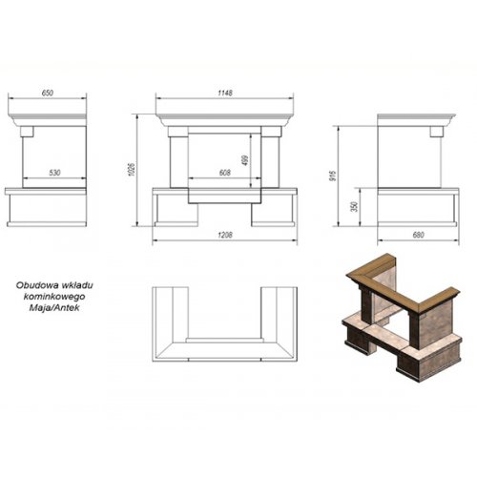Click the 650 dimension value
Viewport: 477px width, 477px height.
(48, 93)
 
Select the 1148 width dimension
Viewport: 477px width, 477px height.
(225, 93)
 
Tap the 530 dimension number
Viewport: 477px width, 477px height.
(54, 173)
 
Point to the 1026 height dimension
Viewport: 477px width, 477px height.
(133, 170)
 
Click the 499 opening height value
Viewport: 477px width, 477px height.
(245, 160)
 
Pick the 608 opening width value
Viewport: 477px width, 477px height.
(225, 173)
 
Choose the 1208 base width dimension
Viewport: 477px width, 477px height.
(225, 235)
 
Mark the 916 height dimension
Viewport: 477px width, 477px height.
(333, 176)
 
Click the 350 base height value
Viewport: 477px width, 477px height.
(355, 206)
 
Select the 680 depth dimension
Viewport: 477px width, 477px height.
(418, 235)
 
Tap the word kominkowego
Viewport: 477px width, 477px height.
(54, 297)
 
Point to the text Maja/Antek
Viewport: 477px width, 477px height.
(54, 308)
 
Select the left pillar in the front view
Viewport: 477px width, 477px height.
(179, 162)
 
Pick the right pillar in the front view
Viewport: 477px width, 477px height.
(270, 162)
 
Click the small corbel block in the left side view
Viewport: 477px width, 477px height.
(27, 132)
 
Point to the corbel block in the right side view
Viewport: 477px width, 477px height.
(437, 132)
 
